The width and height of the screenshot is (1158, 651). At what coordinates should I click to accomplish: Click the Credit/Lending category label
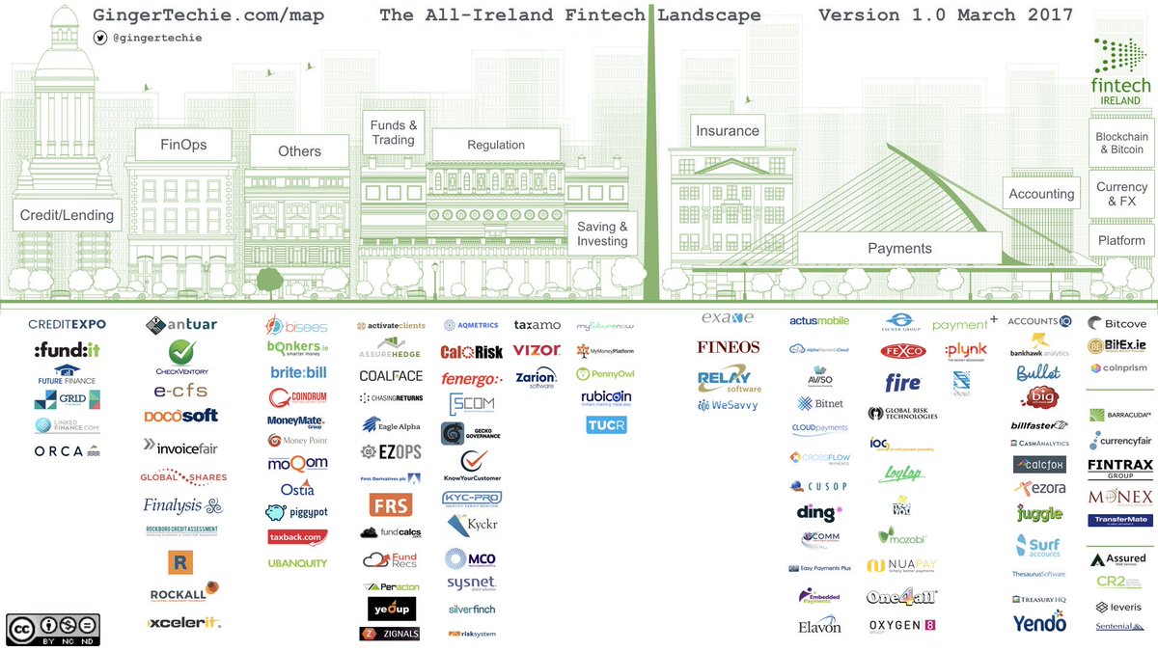67,215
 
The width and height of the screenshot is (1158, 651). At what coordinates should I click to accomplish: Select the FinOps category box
183,146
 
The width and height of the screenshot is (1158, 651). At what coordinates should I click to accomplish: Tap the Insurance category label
728,130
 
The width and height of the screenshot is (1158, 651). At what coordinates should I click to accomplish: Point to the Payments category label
899,248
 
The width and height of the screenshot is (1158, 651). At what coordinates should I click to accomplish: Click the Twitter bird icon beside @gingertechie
100,38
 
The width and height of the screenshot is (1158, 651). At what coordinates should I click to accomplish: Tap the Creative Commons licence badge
53,629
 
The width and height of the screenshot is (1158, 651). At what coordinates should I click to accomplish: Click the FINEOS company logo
729,347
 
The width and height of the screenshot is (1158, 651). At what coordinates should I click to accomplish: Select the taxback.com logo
297,536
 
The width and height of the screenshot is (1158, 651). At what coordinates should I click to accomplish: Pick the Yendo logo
1038,623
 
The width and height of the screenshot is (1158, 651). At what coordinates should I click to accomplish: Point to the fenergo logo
471,379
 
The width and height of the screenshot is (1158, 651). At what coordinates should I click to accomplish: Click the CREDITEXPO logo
67,324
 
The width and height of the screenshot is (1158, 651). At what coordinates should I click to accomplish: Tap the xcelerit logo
184,623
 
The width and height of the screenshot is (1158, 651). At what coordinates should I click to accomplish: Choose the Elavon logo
819,626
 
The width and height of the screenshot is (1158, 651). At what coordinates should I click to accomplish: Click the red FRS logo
391,504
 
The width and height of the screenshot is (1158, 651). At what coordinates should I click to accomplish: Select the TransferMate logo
1119,520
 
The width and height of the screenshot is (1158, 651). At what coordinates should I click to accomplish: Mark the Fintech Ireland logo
1120,72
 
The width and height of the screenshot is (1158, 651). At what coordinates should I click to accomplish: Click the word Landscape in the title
709,15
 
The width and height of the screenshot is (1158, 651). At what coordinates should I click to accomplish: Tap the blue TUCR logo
606,424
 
